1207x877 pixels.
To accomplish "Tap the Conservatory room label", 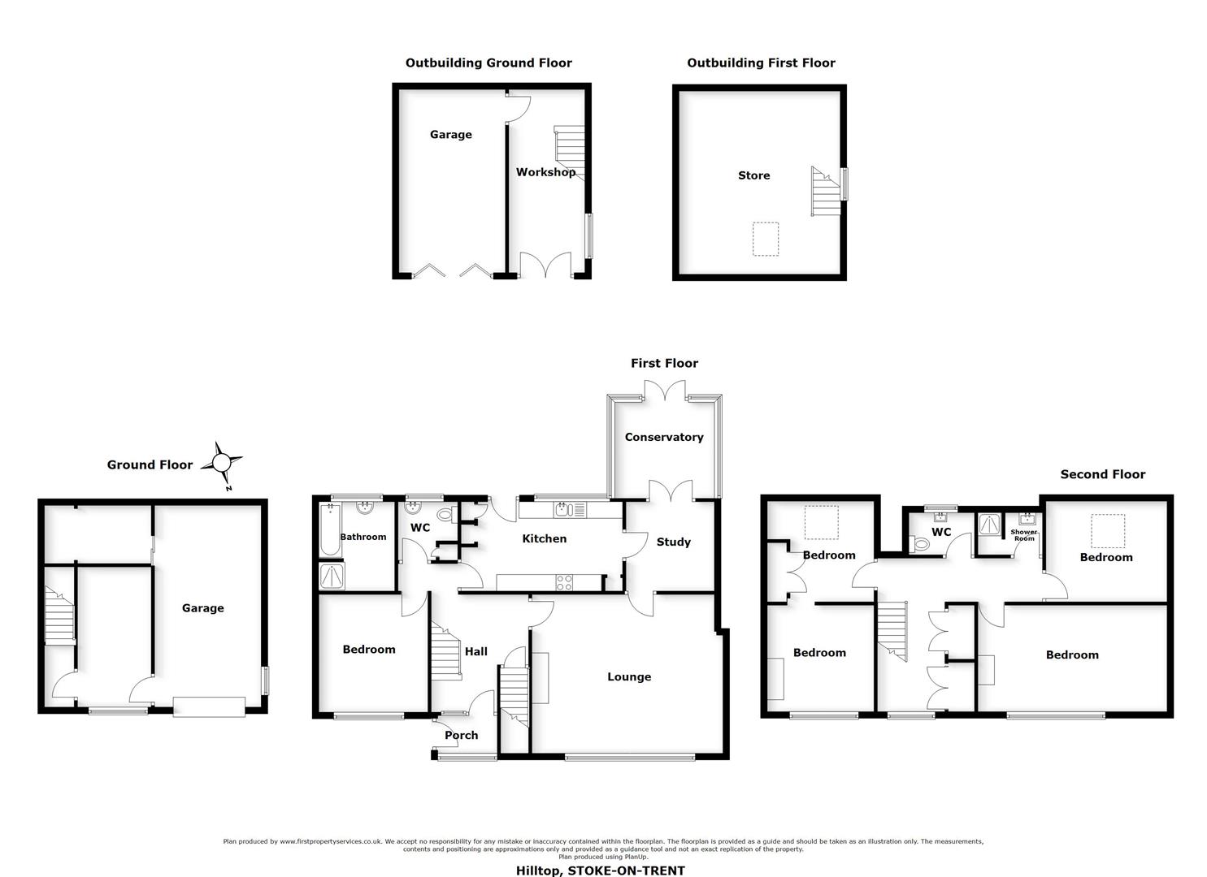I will [663, 437].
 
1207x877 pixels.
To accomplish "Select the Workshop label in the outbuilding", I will [545, 172].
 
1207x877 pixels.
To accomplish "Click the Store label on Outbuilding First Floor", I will [753, 175].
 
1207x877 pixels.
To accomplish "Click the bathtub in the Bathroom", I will [330, 529].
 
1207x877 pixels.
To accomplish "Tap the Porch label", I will [461, 736].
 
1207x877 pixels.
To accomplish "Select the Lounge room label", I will [628, 677].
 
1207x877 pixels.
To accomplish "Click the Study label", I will [673, 542].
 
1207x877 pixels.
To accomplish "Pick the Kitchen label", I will [544, 539].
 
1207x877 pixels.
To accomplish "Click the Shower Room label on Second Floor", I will [1023, 536].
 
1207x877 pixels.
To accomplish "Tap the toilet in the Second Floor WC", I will [922, 545].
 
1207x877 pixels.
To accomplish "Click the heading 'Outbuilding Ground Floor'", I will [488, 63].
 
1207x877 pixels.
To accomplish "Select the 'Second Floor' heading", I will [1102, 474].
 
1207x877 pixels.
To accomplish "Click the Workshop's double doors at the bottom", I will [545, 266].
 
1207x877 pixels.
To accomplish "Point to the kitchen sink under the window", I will [565, 510].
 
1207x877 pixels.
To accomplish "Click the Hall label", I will [475, 651].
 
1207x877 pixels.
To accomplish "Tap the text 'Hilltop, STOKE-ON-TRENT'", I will [601, 871].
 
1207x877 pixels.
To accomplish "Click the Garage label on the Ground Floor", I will [202, 608].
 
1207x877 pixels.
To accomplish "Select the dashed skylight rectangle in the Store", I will [766, 240].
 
